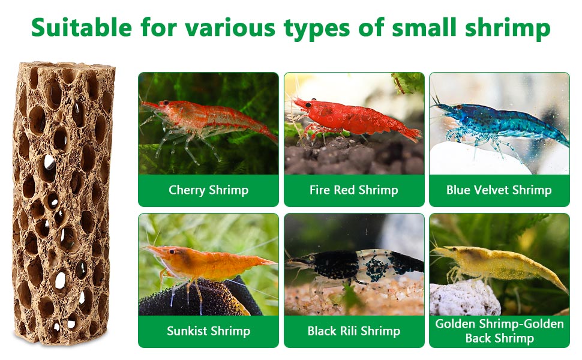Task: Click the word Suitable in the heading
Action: [82, 27]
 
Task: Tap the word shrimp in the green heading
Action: [508, 29]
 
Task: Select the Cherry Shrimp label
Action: [208, 190]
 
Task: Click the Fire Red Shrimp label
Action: [354, 190]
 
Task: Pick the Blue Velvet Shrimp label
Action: [499, 190]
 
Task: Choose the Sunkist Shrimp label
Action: [208, 331]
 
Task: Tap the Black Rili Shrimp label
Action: [354, 331]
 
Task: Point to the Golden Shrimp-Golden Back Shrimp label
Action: [499, 331]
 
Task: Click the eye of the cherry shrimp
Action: [166, 103]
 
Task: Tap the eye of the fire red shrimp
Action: [308, 105]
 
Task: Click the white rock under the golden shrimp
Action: [464, 298]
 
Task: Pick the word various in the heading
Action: [230, 27]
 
